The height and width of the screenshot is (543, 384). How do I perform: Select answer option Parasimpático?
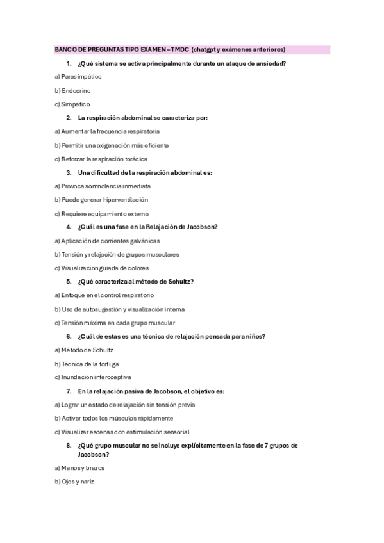78,77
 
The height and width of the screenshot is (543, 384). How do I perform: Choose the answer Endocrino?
72,90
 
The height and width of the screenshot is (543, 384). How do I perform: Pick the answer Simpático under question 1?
72,104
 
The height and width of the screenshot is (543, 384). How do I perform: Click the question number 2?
69,118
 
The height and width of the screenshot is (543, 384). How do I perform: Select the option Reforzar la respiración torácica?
101,159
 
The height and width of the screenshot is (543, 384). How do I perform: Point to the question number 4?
69,227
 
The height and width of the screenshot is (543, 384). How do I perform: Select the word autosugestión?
101,309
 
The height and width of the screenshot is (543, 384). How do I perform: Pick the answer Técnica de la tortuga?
87,364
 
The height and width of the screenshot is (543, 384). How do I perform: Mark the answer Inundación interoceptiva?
93,377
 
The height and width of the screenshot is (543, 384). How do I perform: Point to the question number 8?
69,445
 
